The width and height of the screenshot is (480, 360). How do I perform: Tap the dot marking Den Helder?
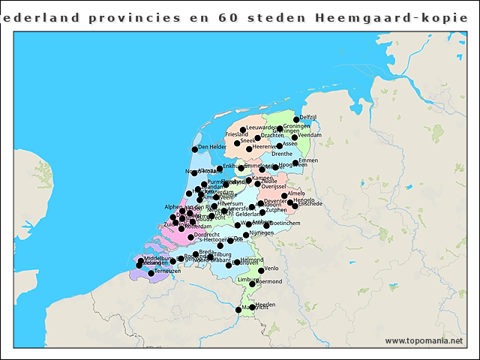coord(193,148)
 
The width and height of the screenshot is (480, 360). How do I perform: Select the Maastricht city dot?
coord(238,309)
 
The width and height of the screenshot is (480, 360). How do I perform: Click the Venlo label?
coord(271,268)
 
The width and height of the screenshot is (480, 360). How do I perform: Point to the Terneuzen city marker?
coord(151,273)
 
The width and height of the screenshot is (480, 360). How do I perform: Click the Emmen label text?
coord(308,160)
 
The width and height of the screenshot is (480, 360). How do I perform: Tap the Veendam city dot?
coord(295,137)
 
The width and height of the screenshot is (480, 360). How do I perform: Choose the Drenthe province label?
coord(282,154)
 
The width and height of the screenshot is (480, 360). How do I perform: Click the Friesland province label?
coord(236,134)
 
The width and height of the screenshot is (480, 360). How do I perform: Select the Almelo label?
coord(296,193)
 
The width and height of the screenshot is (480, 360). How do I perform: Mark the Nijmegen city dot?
coord(246,235)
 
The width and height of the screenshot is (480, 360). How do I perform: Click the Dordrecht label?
coord(206,235)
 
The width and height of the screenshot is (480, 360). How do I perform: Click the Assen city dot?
coord(279,145)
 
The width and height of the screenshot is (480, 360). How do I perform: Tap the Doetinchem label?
coord(284,223)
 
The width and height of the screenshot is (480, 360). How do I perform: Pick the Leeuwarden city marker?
coord(242,130)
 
